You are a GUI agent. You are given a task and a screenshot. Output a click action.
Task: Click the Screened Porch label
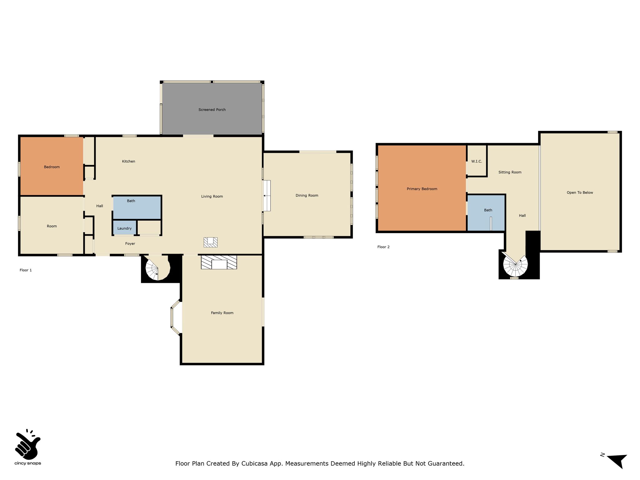[x=212, y=110]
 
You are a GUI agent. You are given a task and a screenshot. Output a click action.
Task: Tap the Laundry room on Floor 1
[x=124, y=228]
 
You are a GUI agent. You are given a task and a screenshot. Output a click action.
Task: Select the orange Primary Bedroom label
[x=422, y=189]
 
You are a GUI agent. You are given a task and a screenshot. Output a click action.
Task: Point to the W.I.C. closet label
[x=477, y=161]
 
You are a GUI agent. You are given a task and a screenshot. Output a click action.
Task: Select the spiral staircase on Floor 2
[x=515, y=265]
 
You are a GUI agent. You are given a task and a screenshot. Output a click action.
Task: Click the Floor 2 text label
[x=383, y=247]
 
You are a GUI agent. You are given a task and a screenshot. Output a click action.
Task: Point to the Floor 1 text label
[x=26, y=270]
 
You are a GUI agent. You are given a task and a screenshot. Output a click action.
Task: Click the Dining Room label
[x=307, y=196]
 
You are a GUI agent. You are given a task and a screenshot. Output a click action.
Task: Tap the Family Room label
[x=222, y=313]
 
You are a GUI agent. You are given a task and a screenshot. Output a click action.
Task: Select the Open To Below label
[x=580, y=192]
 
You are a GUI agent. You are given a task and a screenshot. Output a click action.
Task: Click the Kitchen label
[x=128, y=161]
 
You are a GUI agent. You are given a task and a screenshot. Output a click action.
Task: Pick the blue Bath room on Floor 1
[x=137, y=207]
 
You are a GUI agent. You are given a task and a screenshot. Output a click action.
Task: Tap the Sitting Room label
[x=510, y=172]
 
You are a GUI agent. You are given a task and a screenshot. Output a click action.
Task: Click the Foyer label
[x=130, y=244]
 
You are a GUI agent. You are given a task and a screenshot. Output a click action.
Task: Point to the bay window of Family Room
[x=175, y=317]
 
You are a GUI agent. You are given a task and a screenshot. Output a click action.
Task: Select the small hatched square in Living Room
[x=211, y=242]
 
